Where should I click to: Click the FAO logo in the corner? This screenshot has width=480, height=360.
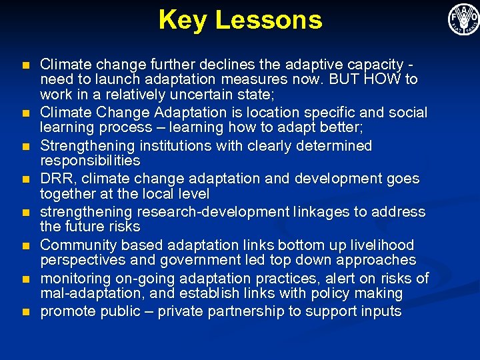(463, 19)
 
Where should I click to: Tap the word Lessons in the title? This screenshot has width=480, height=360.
(269, 20)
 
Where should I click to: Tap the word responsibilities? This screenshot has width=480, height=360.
(90, 161)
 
